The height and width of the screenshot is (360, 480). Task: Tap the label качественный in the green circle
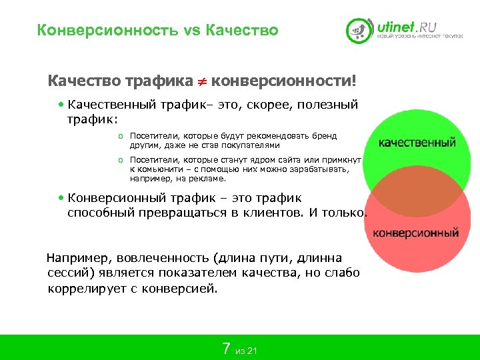click(x=417, y=142)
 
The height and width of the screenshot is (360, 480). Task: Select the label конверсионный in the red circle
click(x=415, y=233)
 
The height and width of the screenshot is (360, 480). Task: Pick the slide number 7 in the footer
click(x=226, y=348)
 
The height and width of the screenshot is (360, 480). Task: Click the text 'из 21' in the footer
click(x=247, y=351)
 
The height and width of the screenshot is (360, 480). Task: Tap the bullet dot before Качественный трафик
click(x=62, y=105)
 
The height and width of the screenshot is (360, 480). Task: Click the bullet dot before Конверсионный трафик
click(x=62, y=198)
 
